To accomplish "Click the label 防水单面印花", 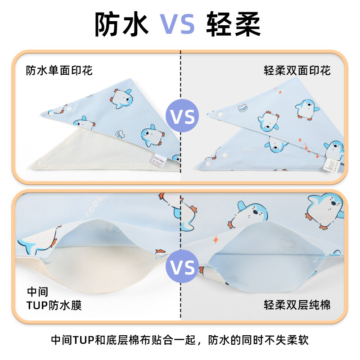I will pos(59,71).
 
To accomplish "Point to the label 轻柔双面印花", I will pos(297,71).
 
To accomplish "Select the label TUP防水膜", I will pos(54,306).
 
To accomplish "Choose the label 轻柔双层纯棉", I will pos(297,306).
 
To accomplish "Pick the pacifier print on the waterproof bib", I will pos(121,134).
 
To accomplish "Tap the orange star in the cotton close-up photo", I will pos(215,239).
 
